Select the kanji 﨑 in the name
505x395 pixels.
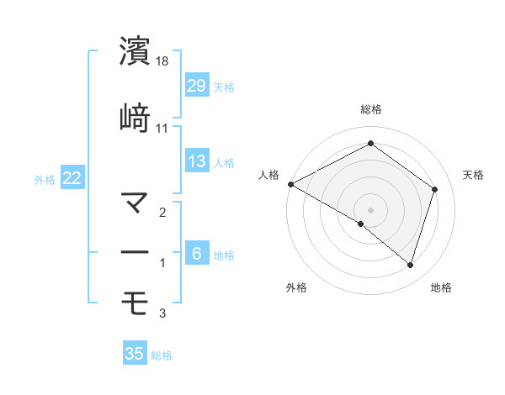coord(135,118)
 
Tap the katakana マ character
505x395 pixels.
coord(135,203)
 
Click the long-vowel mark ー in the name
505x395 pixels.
coord(135,253)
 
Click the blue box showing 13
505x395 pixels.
coord(196,161)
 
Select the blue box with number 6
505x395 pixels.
coord(196,254)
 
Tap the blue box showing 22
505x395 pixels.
coord(72,178)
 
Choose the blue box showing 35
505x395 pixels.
coord(135,354)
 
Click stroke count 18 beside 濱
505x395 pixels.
coord(163,62)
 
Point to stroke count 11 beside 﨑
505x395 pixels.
coord(162,129)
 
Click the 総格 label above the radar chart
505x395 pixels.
coord(371,109)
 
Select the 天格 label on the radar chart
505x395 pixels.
coord(474,175)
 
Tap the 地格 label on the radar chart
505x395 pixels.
coord(441,287)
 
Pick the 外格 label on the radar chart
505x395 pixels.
coord(296,287)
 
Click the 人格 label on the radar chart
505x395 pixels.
coord(269,175)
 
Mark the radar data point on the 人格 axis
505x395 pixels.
coord(290,184)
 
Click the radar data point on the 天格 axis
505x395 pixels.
coord(435,189)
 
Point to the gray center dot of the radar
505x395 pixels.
coord(370,209)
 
